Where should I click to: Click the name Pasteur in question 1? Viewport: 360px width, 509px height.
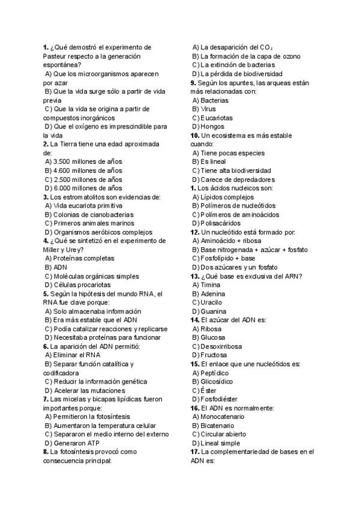(x=56, y=56)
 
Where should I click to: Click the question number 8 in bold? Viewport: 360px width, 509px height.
(x=46, y=451)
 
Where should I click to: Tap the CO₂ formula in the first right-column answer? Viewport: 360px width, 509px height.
(x=267, y=47)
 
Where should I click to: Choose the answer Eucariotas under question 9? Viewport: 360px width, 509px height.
(x=216, y=118)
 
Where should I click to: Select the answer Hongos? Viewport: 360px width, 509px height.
(x=212, y=127)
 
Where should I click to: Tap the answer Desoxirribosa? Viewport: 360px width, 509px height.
(x=221, y=346)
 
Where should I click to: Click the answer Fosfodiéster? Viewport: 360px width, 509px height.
(x=218, y=399)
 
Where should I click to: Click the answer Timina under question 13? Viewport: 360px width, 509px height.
(x=211, y=285)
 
